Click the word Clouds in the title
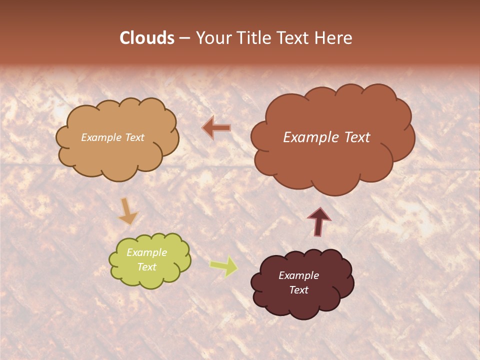(146, 38)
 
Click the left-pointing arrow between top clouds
(216, 128)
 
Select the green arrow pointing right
(223, 266)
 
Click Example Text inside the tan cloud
(112, 137)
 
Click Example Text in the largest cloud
(326, 137)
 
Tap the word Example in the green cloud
(146, 253)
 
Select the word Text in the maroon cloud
(299, 290)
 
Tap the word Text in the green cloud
(146, 267)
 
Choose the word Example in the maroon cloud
(298, 275)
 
